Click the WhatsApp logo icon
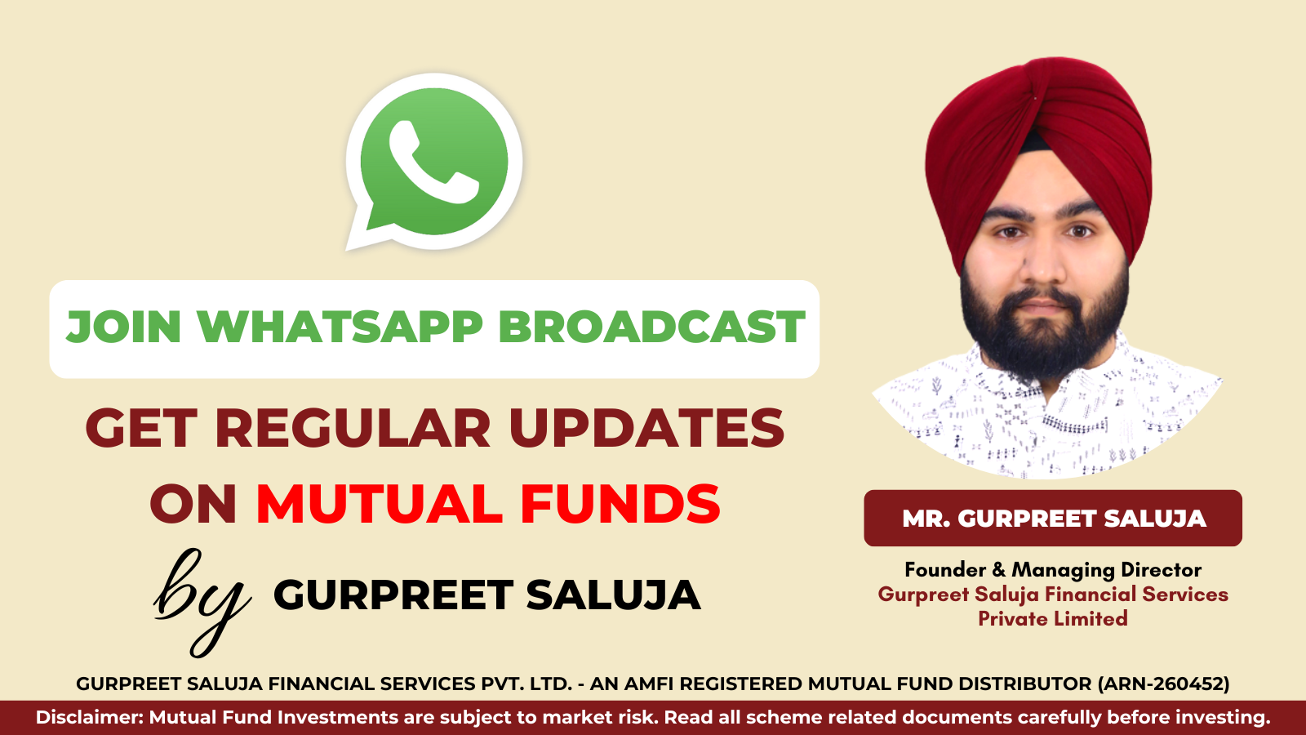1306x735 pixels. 434,161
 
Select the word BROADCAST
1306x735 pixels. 651,327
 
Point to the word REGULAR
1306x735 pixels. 353,428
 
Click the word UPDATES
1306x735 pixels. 646,428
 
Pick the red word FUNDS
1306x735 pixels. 620,503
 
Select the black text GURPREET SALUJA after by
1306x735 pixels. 486,595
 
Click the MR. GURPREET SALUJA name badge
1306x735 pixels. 1053,519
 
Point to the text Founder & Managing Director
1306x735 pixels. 1053,569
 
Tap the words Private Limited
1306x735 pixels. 1053,619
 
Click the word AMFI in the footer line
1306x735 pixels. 648,684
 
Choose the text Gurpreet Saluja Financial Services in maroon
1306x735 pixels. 1053,595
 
